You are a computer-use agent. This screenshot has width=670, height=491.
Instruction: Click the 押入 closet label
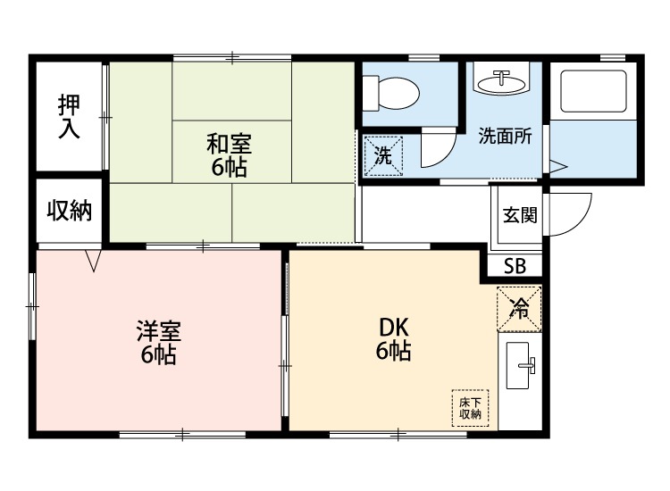click(69, 116)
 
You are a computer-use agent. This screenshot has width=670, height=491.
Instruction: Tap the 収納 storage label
click(70, 211)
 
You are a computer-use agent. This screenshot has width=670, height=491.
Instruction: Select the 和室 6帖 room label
click(230, 154)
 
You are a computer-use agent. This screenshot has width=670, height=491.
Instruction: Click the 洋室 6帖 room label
click(158, 342)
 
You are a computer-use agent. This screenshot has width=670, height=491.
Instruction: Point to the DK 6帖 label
click(392, 338)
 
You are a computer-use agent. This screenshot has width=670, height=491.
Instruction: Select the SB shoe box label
click(515, 265)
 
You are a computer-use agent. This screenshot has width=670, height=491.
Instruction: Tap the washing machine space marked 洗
click(383, 154)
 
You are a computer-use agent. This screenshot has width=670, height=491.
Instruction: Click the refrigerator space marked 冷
click(519, 308)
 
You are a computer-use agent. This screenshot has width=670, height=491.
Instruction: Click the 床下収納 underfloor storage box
click(471, 408)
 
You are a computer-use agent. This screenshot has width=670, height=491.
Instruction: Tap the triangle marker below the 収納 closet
click(94, 260)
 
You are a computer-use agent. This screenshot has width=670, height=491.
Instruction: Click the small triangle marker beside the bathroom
click(557, 166)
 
